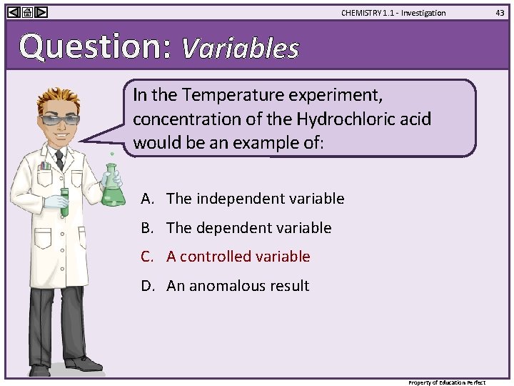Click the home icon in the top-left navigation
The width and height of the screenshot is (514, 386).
tap(27, 12)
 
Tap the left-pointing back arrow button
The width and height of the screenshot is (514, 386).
tap(14, 12)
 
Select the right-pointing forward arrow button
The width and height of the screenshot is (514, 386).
tap(41, 12)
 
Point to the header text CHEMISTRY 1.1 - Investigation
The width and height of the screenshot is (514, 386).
tap(393, 13)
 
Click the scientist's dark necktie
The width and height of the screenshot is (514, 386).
tap(59, 159)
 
